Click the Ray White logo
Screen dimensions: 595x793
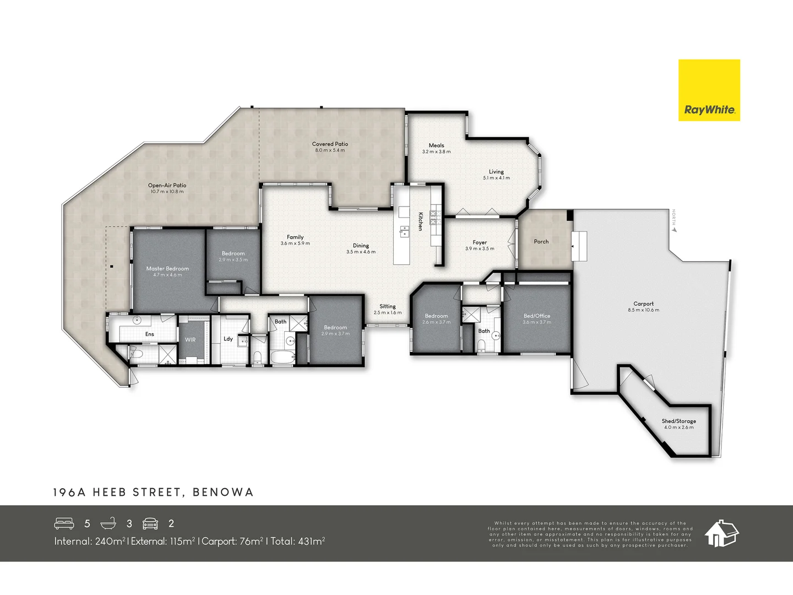pyautogui.click(x=709, y=90)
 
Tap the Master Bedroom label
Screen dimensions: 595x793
pyautogui.click(x=167, y=268)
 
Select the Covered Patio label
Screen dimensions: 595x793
pyautogui.click(x=330, y=144)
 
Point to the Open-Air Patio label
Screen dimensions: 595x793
pyautogui.click(x=167, y=185)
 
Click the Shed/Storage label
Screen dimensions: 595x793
pyautogui.click(x=678, y=421)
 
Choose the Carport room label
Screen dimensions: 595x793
pyautogui.click(x=643, y=304)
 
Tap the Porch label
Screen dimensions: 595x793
pyautogui.click(x=541, y=241)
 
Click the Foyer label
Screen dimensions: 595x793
pyautogui.click(x=479, y=242)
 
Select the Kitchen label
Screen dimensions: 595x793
pyautogui.click(x=420, y=221)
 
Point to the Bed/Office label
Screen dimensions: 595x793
pyautogui.click(x=536, y=316)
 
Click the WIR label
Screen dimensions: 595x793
pyautogui.click(x=190, y=339)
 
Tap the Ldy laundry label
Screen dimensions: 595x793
pyautogui.click(x=228, y=339)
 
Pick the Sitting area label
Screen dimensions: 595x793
pyautogui.click(x=387, y=306)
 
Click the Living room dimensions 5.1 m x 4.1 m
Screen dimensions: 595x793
pyautogui.click(x=496, y=178)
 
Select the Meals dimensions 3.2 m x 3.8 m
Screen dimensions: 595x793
pyautogui.click(x=436, y=152)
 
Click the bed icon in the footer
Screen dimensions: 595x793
pyautogui.click(x=64, y=523)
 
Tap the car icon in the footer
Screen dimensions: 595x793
pyautogui.click(x=150, y=523)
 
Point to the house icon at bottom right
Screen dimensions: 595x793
pyautogui.click(x=721, y=533)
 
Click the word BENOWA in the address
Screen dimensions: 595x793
pyautogui.click(x=223, y=492)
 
